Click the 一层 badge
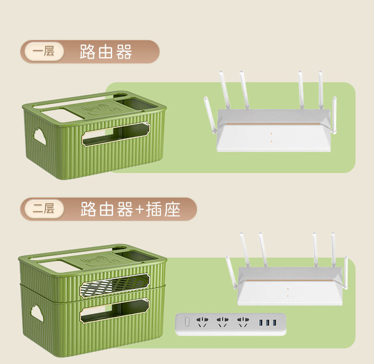pyautogui.click(x=44, y=52)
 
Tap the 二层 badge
pyautogui.click(x=44, y=208)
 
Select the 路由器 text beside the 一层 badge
pyautogui.click(x=106, y=52)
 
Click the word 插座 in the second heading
pyautogui.click(x=163, y=209)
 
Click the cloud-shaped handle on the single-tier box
pyautogui.click(x=39, y=137)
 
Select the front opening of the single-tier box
pyautogui.click(x=116, y=134)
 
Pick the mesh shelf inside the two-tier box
pyautogui.click(x=114, y=285)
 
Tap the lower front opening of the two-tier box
pyautogui.click(x=114, y=312)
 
